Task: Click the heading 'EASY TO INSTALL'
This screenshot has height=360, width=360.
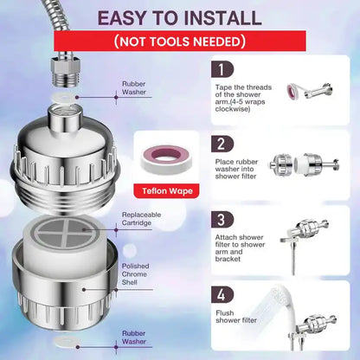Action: [179, 17]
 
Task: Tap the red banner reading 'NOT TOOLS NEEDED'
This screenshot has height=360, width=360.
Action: [179, 42]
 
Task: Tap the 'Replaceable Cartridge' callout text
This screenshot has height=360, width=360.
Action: [140, 218]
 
